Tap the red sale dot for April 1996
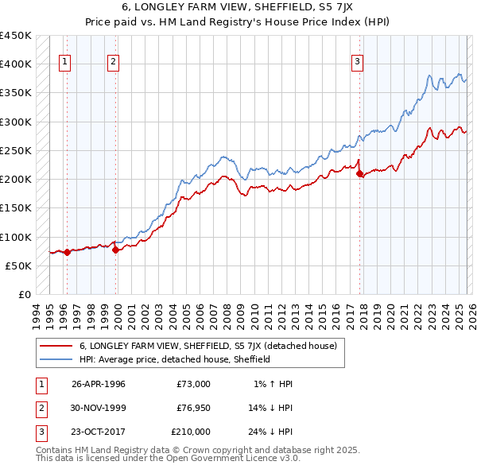(x=67, y=252)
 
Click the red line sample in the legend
(x=56, y=346)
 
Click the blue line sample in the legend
(x=56, y=359)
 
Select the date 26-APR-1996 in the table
(x=99, y=384)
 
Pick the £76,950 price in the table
(x=191, y=408)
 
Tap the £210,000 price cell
(x=191, y=432)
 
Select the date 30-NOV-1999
(x=99, y=408)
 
